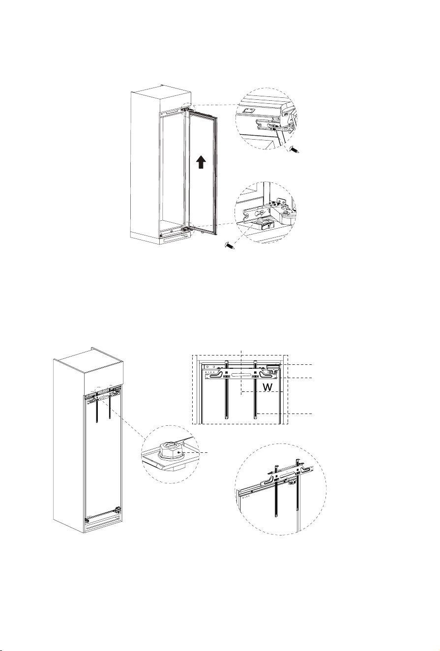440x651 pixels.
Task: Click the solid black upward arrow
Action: [x=201, y=162]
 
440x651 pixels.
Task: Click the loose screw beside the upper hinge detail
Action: [x=294, y=149]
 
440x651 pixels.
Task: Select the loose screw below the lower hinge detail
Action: [x=230, y=245]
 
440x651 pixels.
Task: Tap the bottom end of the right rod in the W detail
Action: [x=255, y=418]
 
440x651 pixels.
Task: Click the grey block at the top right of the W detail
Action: [x=273, y=367]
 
